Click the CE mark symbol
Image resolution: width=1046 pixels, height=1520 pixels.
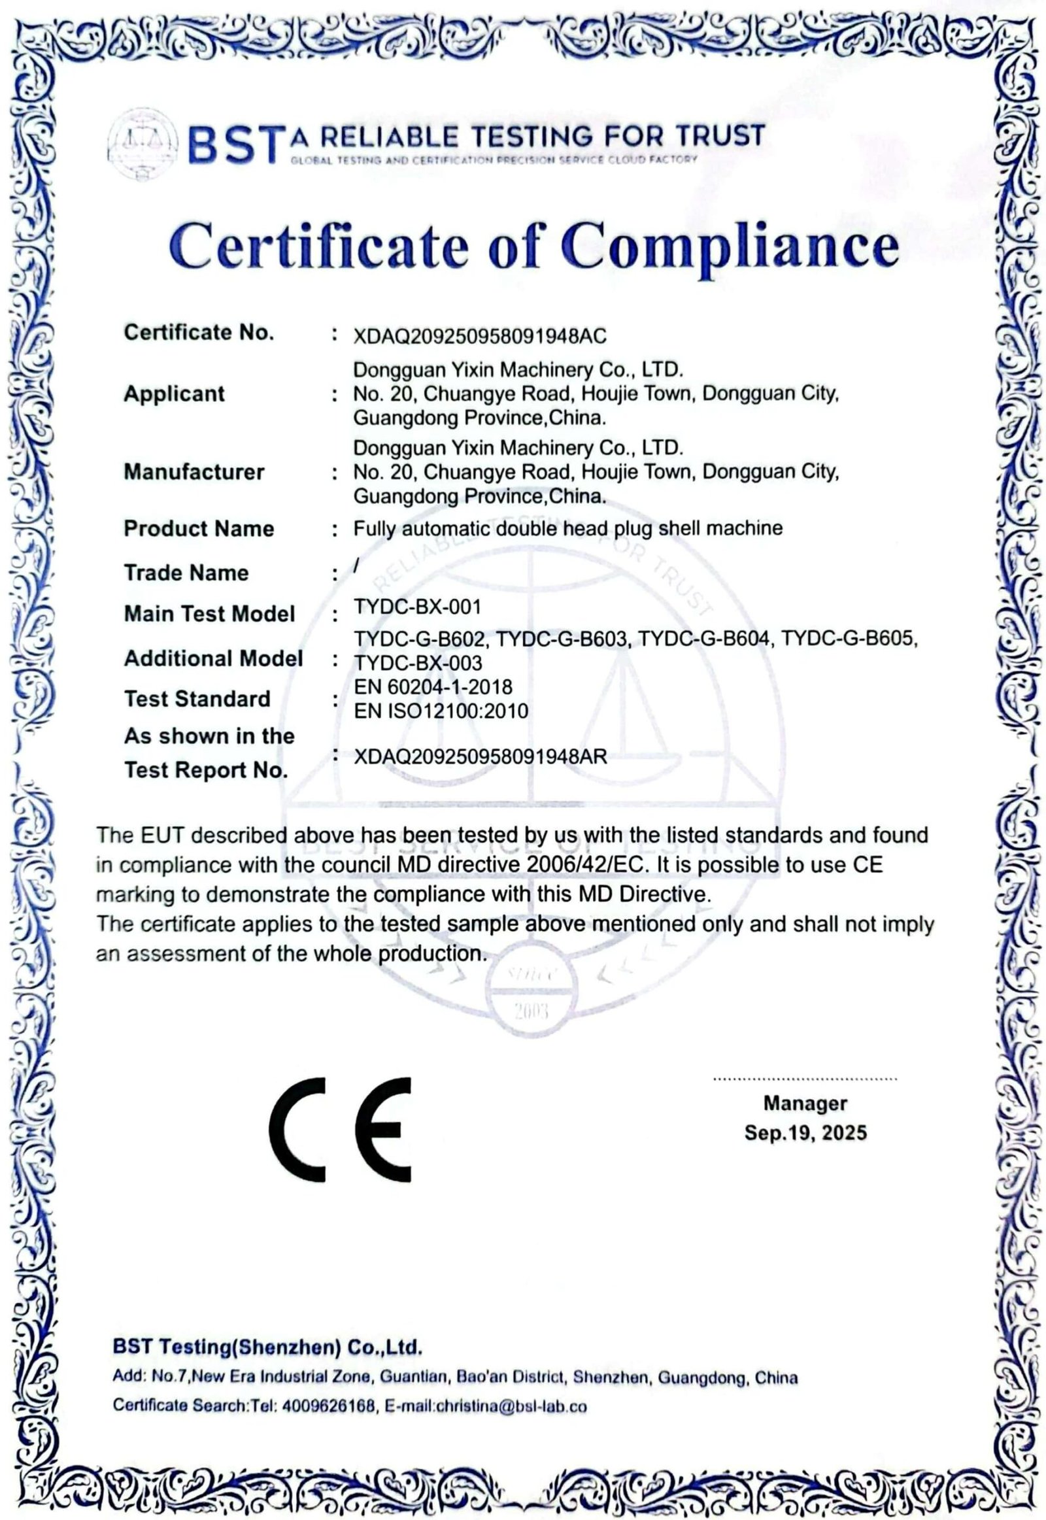(x=339, y=1129)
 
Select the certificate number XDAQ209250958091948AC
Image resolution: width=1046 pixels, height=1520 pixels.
(x=480, y=336)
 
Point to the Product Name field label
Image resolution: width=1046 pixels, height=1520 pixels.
(x=199, y=528)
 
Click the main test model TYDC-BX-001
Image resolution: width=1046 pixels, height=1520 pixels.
(x=418, y=607)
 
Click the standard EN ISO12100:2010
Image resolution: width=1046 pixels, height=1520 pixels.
(x=441, y=711)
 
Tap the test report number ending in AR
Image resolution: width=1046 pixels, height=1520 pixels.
(x=480, y=757)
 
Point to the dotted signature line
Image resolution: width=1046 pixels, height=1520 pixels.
(x=804, y=1078)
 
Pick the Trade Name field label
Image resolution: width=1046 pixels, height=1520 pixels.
(x=186, y=573)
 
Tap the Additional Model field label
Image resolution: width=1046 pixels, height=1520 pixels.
(x=214, y=658)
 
